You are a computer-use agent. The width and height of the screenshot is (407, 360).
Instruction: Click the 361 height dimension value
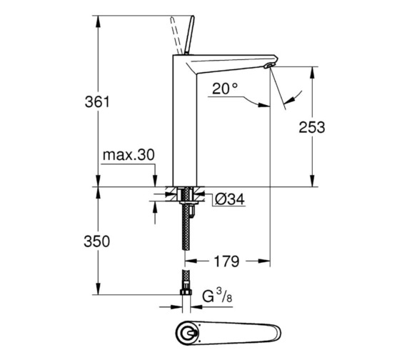click(96, 102)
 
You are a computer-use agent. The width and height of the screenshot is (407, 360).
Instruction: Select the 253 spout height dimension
click(311, 127)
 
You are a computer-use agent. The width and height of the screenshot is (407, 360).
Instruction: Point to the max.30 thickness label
click(129, 155)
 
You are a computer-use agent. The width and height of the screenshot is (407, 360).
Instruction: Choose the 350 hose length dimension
click(96, 241)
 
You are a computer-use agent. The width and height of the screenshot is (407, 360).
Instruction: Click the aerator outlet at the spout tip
click(268, 66)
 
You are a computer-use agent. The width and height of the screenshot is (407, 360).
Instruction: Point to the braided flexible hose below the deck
click(187, 236)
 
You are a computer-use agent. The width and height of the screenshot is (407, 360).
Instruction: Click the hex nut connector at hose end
click(186, 294)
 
